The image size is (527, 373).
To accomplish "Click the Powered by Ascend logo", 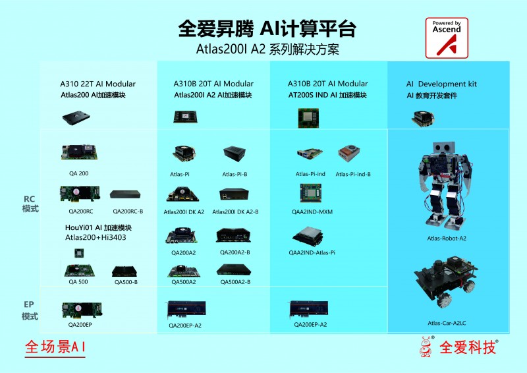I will (447, 38).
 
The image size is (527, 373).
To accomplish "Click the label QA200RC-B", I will (128, 212).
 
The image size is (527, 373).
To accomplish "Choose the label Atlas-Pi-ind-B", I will (353, 174).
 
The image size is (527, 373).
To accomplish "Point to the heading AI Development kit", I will (441, 84).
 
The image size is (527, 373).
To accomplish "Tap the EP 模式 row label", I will (30, 310).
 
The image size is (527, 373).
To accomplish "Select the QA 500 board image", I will (78, 270).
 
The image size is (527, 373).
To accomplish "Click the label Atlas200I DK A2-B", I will (235, 212).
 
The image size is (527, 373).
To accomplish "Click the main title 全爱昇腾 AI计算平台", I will (267, 30).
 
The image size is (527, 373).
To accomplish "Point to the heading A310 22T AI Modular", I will (98, 84).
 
